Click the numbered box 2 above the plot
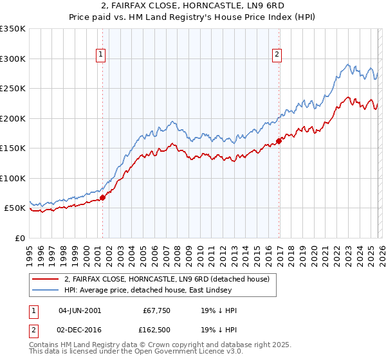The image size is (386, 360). coord(277,55)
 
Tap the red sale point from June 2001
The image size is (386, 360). coord(102,197)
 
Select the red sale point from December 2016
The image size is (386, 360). coord(279,141)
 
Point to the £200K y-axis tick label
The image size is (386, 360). coord(13,118)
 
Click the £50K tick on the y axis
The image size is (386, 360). coord(15,208)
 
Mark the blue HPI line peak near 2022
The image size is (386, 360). coord(348,64)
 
